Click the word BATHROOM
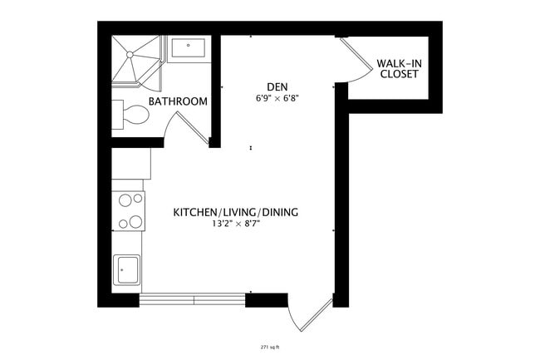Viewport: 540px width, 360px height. click(x=178, y=101)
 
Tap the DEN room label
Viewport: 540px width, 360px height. click(x=277, y=86)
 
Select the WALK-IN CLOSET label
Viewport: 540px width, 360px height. click(x=398, y=68)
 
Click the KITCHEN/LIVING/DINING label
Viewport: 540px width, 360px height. click(x=235, y=212)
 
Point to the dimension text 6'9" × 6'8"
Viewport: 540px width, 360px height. click(x=277, y=98)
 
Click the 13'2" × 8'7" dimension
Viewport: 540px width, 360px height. click(x=235, y=224)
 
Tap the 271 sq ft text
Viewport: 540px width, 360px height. click(x=269, y=347)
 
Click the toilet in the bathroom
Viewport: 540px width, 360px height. click(x=130, y=115)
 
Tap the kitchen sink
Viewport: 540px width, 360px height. click(x=127, y=269)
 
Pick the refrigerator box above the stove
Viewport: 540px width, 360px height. click(x=130, y=163)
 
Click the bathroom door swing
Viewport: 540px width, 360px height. click(x=184, y=130)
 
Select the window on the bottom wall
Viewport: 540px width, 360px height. click(x=193, y=298)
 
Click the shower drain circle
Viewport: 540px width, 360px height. click(x=129, y=54)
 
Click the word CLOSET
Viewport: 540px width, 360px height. click(x=398, y=74)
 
